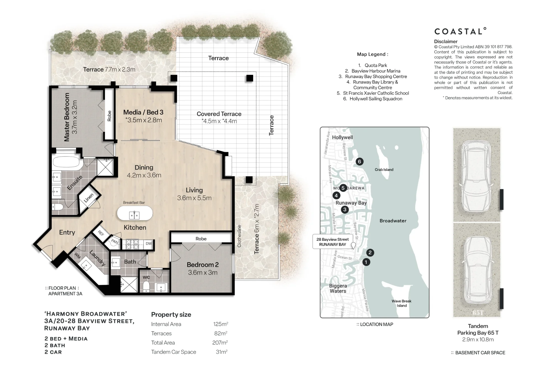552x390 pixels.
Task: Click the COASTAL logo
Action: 460,31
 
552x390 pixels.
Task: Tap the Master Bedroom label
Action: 67,117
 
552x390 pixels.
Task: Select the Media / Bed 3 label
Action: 143,112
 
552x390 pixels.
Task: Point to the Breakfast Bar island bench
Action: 135,213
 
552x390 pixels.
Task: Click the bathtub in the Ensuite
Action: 67,163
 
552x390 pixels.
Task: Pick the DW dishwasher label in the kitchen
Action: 148,244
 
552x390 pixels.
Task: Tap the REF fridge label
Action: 101,233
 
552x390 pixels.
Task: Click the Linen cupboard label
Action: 89,198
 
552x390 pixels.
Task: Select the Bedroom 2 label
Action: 203,265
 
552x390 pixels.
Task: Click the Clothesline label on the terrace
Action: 239,236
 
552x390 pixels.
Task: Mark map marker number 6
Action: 359,162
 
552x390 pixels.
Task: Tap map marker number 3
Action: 345,210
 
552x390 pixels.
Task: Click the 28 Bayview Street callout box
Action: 333,242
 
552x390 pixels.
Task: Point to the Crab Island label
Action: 384,170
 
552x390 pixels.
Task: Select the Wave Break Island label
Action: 402,303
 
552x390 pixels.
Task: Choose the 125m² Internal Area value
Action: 221,324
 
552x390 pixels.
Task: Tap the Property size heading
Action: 171,314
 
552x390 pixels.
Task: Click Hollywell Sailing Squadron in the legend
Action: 376,99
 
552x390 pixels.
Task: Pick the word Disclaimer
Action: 446,42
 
